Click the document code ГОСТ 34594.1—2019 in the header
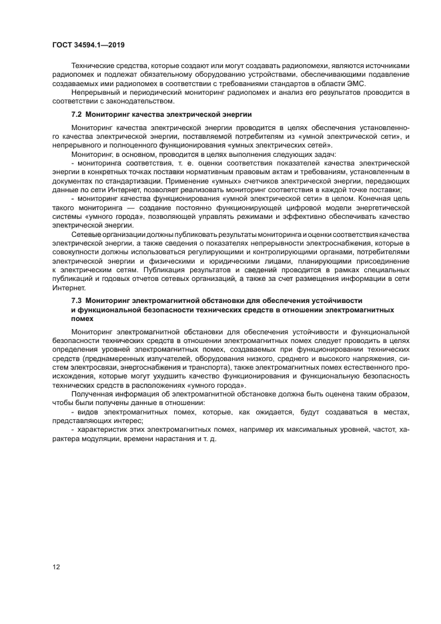tap(88, 45)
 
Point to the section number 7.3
tap(77, 301)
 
